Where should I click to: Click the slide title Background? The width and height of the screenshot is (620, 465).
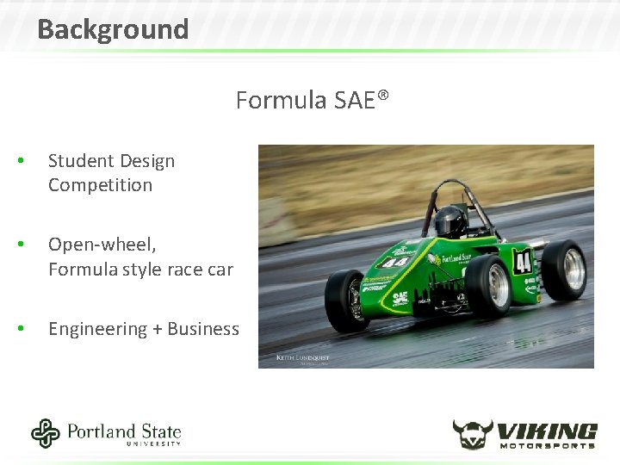point(113,29)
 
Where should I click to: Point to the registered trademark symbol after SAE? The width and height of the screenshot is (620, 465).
point(383,96)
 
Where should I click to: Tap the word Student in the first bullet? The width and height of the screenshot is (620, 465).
point(80,161)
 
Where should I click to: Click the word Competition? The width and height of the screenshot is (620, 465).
point(100,185)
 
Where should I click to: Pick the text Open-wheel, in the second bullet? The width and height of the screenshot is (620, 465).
point(102,245)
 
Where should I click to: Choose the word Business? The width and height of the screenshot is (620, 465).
point(203,329)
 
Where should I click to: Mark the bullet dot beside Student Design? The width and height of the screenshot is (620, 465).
point(30,162)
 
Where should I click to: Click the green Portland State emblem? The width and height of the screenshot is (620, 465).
point(46,433)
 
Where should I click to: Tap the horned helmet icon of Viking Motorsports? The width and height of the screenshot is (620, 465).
point(473,433)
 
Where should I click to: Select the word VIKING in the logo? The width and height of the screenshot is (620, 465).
point(548,429)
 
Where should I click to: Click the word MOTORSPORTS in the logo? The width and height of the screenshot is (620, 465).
point(548,444)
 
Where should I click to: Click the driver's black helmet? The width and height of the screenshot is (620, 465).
point(449,220)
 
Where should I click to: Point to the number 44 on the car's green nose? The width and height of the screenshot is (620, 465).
point(396,262)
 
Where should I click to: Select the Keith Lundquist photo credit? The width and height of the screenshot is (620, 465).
point(302,356)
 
